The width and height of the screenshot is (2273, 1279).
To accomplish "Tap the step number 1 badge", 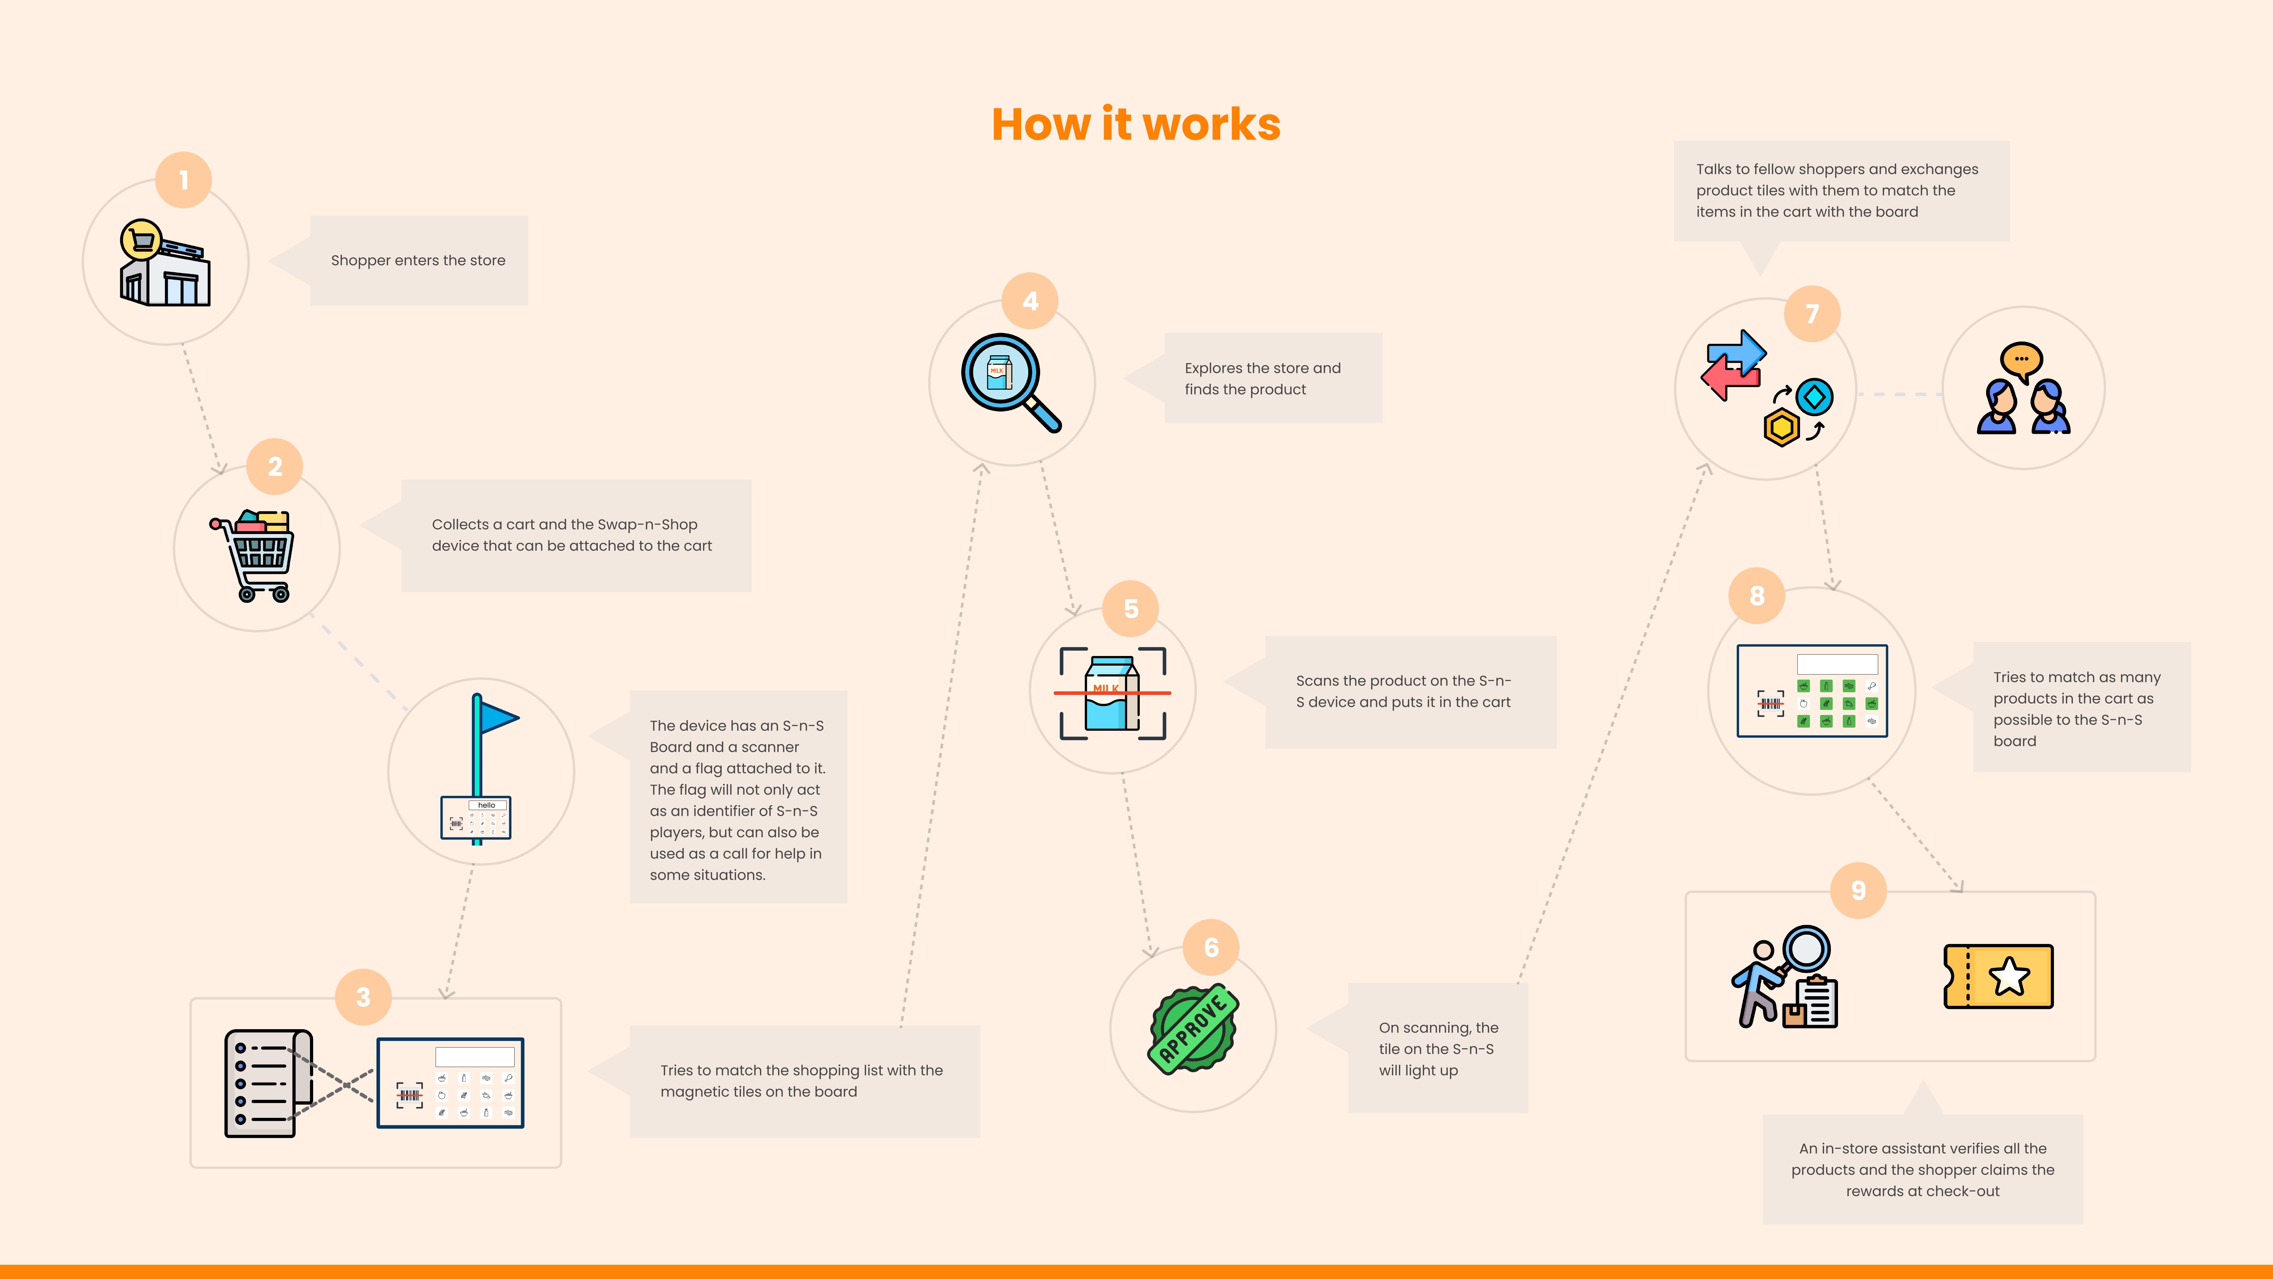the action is click(x=184, y=180).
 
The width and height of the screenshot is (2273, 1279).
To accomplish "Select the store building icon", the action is click(x=165, y=263).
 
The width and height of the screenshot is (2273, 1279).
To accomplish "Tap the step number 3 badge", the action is click(x=363, y=996).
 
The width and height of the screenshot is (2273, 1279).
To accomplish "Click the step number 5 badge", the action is click(x=1130, y=608).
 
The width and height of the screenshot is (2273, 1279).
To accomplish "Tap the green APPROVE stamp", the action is click(x=1193, y=1028).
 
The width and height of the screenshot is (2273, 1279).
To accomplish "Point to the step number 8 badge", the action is click(x=1757, y=596).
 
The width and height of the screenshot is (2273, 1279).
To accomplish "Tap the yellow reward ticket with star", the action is click(x=1999, y=976).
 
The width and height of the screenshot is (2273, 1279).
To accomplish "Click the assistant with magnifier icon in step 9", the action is click(x=1784, y=976).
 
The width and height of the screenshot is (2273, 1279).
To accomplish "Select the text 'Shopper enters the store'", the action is click(x=418, y=260).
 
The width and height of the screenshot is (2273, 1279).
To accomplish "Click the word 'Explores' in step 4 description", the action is click(x=1212, y=368).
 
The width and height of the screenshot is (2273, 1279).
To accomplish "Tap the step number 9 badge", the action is click(x=1858, y=891).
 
